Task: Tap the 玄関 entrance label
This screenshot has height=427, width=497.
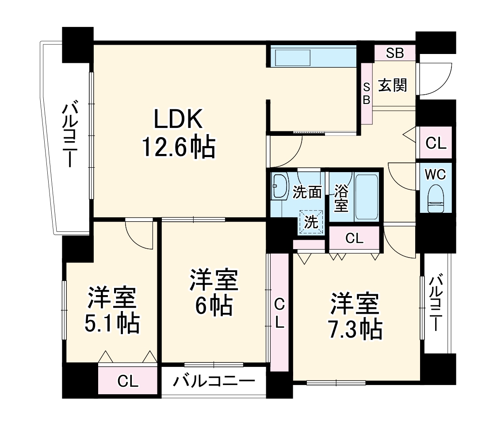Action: (392, 85)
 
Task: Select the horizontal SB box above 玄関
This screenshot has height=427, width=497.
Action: (394, 53)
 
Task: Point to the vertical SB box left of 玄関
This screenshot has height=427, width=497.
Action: (367, 93)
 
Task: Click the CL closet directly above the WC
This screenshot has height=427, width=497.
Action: (436, 143)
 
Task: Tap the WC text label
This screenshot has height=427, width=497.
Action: (436, 174)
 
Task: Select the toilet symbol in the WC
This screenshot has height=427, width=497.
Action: (436, 199)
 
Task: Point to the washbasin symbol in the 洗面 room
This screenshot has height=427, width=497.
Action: (279, 185)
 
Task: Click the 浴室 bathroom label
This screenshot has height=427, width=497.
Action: (341, 198)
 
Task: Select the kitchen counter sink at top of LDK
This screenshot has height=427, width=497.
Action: (292, 58)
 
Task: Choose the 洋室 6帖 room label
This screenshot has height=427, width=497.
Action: (214, 293)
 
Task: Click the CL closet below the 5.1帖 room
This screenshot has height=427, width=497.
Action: (128, 381)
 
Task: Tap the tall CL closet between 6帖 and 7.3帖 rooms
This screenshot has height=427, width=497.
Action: (279, 312)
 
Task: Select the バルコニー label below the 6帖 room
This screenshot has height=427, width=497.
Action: (214, 381)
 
